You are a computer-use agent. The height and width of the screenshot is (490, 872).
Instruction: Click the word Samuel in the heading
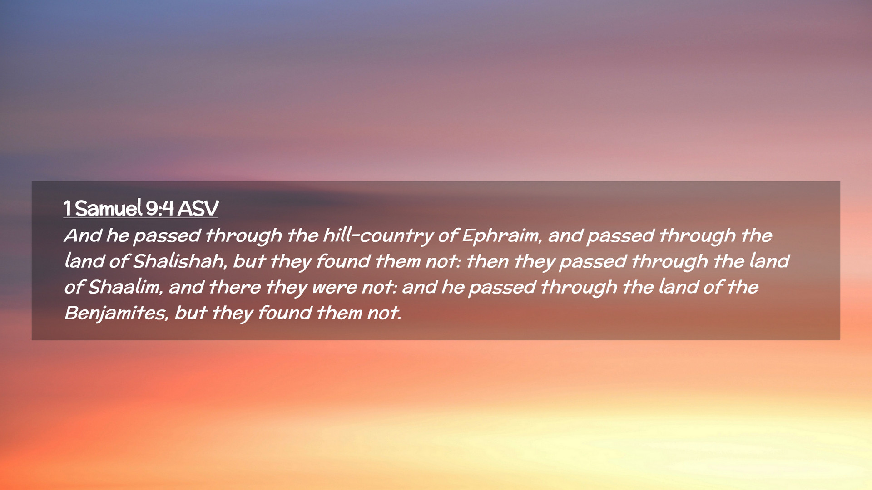coord(109,208)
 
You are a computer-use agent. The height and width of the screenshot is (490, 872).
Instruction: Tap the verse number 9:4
coord(160,208)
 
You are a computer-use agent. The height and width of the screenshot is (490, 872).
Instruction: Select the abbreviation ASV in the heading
coord(198,208)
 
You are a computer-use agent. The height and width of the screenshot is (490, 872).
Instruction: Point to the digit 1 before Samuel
coord(67,209)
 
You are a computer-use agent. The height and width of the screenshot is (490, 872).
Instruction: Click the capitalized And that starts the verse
coord(83,235)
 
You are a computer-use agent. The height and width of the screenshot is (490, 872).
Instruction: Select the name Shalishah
coord(180,262)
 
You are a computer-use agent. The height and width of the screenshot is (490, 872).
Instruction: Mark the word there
coord(235,287)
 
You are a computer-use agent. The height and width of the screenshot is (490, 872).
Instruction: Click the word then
coord(487,261)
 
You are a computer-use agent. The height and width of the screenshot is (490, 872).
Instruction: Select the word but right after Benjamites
coord(191,313)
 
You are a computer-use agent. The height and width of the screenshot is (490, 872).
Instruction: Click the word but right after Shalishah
coord(249,261)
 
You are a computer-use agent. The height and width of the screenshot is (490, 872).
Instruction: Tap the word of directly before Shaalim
coord(74,287)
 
